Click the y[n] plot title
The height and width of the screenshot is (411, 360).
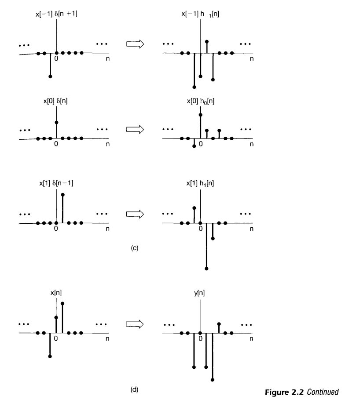pyautogui.click(x=200, y=293)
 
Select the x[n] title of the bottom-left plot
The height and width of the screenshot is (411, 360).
pyautogui.click(x=56, y=293)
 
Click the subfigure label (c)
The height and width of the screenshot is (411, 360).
pyautogui.click(x=135, y=248)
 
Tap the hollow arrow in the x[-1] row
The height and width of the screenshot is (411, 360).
pyautogui.click(x=133, y=44)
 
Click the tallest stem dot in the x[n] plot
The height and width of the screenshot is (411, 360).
pyautogui.click(x=62, y=303)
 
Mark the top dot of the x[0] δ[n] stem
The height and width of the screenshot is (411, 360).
pyautogui.click(x=56, y=122)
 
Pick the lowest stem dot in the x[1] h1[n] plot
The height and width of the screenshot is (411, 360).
pyautogui.click(x=206, y=269)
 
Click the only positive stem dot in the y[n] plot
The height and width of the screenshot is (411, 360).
pyautogui.click(x=219, y=324)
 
